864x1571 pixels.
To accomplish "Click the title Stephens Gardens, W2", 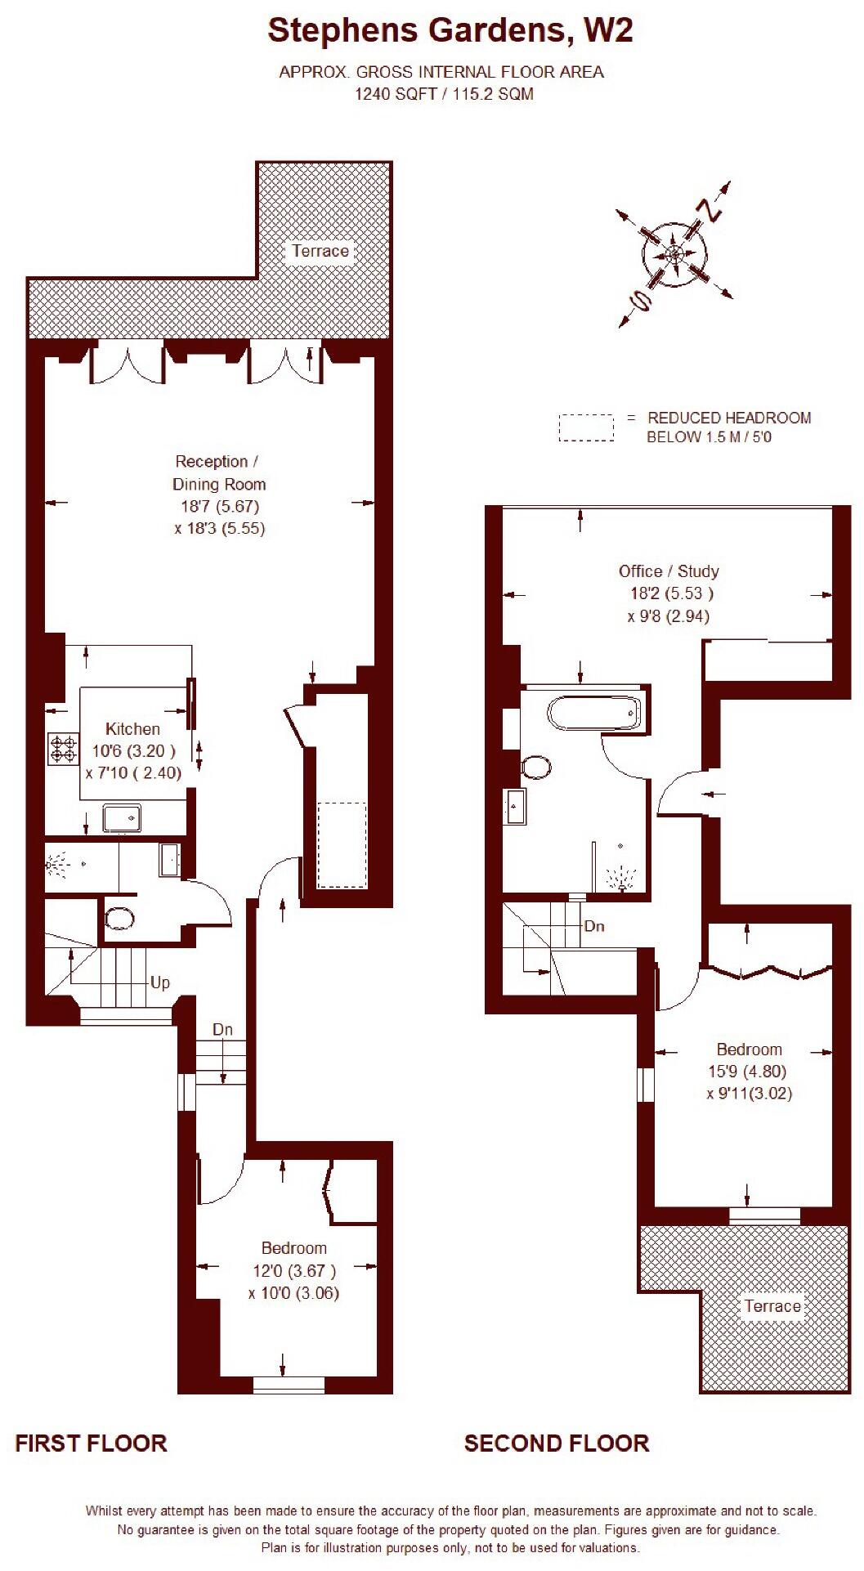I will pyautogui.click(x=450, y=31).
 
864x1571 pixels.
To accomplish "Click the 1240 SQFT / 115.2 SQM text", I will pyautogui.click(x=443, y=94).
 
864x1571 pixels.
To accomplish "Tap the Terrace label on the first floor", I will pyautogui.click(x=320, y=251).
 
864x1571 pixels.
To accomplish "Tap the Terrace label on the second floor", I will pyautogui.click(x=772, y=1306).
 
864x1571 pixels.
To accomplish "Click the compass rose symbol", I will pyautogui.click(x=675, y=254).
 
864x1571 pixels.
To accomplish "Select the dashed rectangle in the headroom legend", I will pyautogui.click(x=586, y=427).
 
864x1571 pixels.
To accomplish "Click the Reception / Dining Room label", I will pyautogui.click(x=218, y=472).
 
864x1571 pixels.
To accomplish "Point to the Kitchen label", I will pyautogui.click(x=132, y=728).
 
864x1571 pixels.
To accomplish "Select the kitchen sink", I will pyautogui.click(x=122, y=818).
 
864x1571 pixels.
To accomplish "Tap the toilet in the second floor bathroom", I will pyautogui.click(x=536, y=767).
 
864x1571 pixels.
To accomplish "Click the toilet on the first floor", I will pyautogui.click(x=120, y=918).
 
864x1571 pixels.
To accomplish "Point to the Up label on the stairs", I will pyautogui.click(x=160, y=982).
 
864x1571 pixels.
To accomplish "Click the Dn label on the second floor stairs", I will pyautogui.click(x=594, y=926).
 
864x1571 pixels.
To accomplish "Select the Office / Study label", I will pyautogui.click(x=669, y=571).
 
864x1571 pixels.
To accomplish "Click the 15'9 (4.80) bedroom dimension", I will pyautogui.click(x=749, y=1071).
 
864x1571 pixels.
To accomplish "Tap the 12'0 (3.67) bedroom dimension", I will pyautogui.click(x=293, y=1271).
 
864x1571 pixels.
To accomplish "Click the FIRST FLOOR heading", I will pyautogui.click(x=91, y=1443).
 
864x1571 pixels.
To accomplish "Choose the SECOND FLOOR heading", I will pyautogui.click(x=557, y=1443).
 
